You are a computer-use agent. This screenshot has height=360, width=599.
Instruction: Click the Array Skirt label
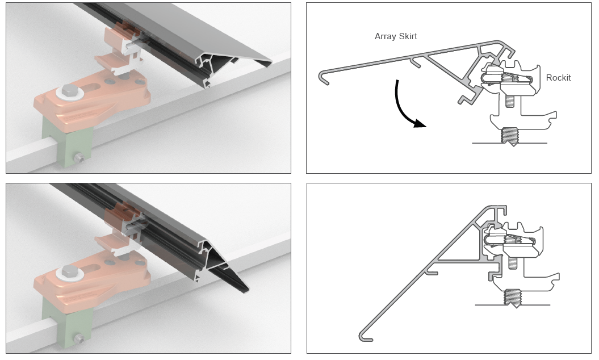click(x=396, y=36)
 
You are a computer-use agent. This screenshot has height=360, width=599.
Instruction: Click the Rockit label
click(x=558, y=78)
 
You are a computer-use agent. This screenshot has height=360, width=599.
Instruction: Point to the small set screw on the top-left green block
click(x=79, y=157)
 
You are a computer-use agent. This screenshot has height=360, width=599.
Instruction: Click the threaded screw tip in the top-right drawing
click(x=510, y=136)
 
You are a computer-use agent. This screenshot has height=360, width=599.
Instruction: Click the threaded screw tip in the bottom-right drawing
click(x=513, y=298)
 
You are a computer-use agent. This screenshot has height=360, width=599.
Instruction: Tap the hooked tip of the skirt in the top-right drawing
click(x=323, y=78)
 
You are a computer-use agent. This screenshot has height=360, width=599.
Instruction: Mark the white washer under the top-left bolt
click(x=70, y=93)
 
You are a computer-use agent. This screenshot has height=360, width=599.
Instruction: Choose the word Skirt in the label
click(x=408, y=36)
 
